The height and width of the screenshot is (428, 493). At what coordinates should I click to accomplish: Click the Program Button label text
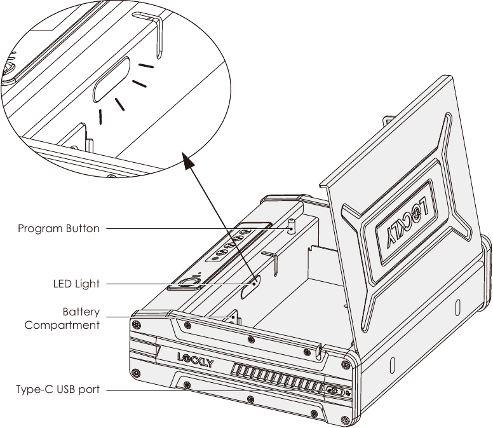(x=59, y=228)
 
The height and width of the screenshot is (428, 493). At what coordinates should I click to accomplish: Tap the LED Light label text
(x=76, y=284)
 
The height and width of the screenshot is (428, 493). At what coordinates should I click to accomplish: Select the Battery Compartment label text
(x=62, y=318)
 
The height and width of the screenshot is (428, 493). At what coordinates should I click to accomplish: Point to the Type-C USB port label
(x=58, y=390)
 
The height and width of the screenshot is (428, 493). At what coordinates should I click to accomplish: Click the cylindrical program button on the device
(x=292, y=226)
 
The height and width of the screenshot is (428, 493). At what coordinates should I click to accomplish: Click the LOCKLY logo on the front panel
(x=196, y=360)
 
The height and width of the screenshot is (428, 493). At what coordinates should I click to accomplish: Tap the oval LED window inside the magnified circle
(x=112, y=79)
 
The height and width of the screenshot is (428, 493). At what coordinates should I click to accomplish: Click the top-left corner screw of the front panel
(x=136, y=324)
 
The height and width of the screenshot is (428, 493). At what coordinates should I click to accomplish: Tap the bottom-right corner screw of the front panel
(x=345, y=420)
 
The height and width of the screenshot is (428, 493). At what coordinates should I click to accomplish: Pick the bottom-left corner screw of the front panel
(x=136, y=373)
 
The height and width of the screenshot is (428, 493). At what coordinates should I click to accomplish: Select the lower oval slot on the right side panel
(x=393, y=365)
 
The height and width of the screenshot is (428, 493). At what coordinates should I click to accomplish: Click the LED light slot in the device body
(x=250, y=287)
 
